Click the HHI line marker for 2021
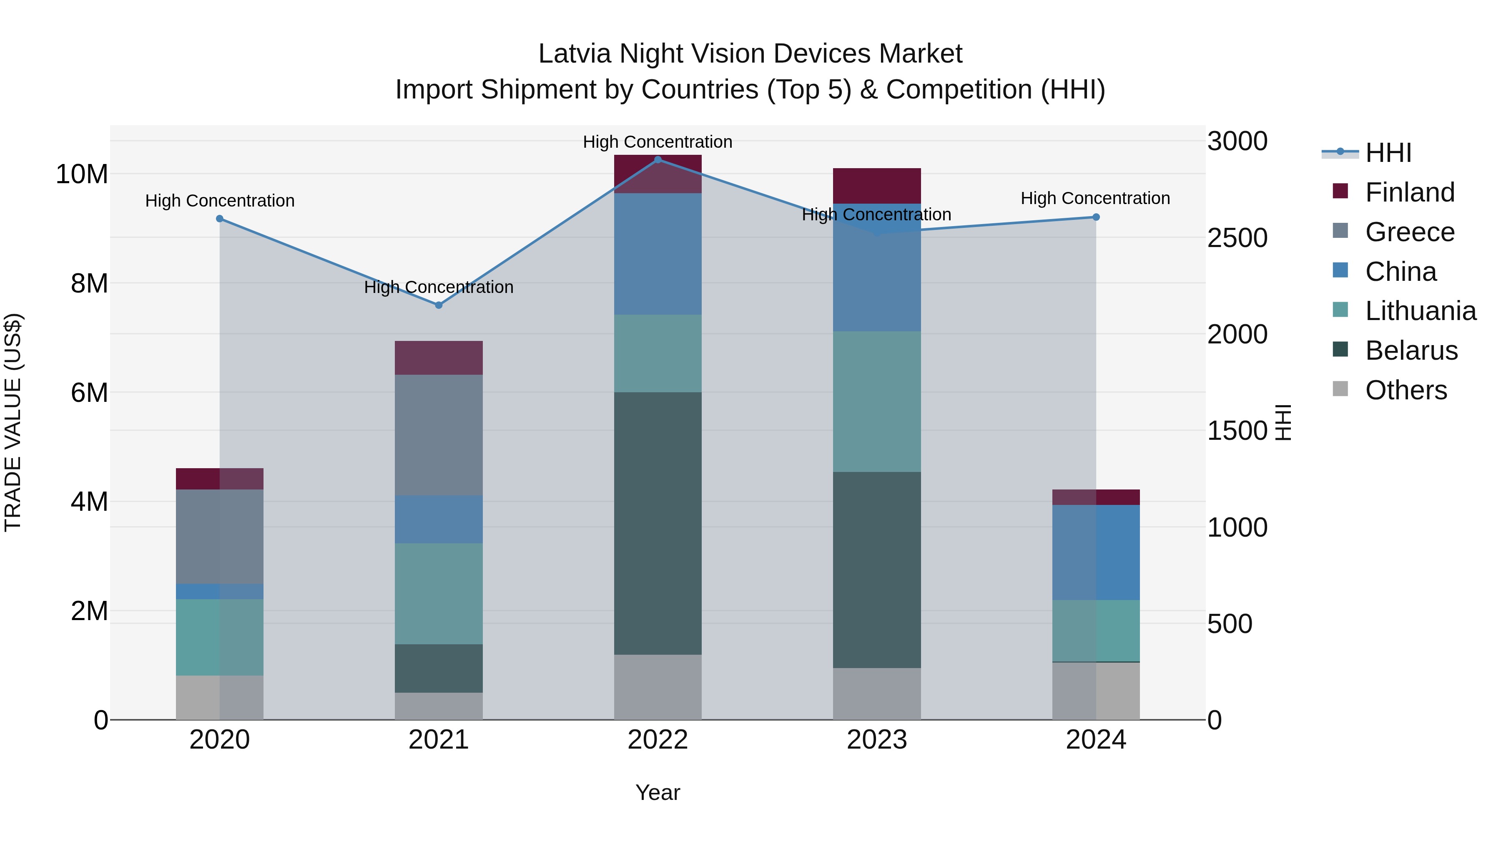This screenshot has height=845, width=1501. point(439,305)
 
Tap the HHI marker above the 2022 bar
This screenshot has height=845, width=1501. point(658,160)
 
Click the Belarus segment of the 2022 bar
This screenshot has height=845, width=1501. point(658,523)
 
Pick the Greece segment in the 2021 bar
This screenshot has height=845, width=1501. point(439,435)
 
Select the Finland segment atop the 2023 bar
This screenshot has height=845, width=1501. point(877,185)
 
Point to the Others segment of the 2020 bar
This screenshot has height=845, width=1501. point(220,697)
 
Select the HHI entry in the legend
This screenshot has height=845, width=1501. point(1388,153)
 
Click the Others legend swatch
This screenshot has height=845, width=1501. point(1340,389)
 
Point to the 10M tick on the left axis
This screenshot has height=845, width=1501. point(82,174)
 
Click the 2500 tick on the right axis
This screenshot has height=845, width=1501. point(1237,238)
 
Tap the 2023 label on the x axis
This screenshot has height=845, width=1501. point(877,740)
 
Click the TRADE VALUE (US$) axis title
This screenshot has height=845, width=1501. point(13,422)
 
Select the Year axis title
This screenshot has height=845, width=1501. point(658,792)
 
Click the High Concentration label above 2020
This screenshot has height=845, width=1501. point(220,201)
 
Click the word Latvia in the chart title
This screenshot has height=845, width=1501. point(575,54)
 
